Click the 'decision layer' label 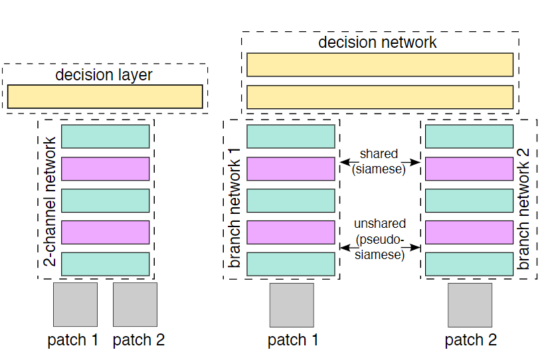click(x=104, y=75)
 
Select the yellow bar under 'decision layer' click(x=105, y=96)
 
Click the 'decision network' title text click(x=377, y=43)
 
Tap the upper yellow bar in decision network click(x=380, y=65)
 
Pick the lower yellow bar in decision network click(x=380, y=97)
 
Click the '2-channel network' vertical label click(x=49, y=199)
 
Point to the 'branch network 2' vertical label click(x=524, y=199)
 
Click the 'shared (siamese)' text click(x=379, y=161)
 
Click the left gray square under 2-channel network click(x=75, y=304)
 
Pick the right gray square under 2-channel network click(x=135, y=304)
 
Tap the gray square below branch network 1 click(x=292, y=306)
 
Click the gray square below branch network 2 click(x=470, y=306)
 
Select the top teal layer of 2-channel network click(x=105, y=136)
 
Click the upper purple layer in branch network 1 click(x=291, y=169)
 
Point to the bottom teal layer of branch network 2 click(x=469, y=264)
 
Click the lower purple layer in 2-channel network click(x=105, y=232)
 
